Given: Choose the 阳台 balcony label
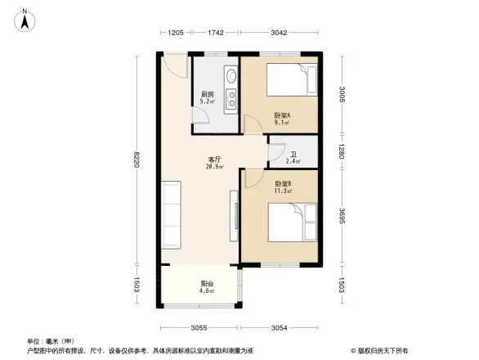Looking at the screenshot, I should coord(208,286).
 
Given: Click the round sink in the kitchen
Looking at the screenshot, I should coord(231,79).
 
